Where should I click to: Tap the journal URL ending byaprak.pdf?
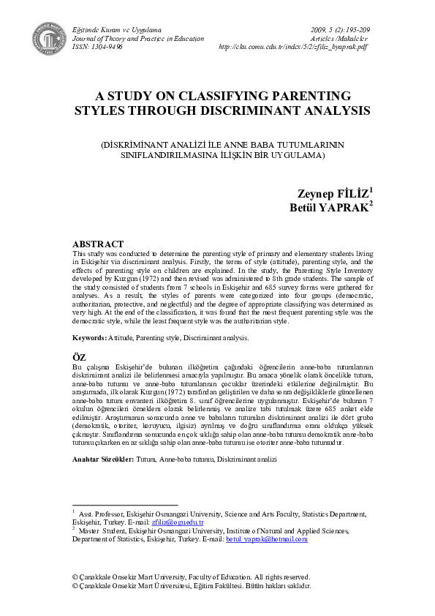tap(293, 47)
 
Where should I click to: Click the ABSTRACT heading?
tap(98, 244)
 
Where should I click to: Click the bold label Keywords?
tap(91, 338)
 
